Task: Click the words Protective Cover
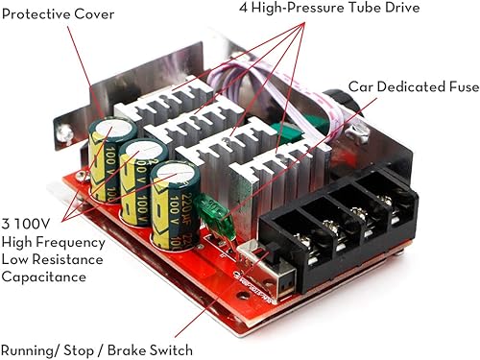click(59, 15)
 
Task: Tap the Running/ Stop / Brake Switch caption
click(97, 350)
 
